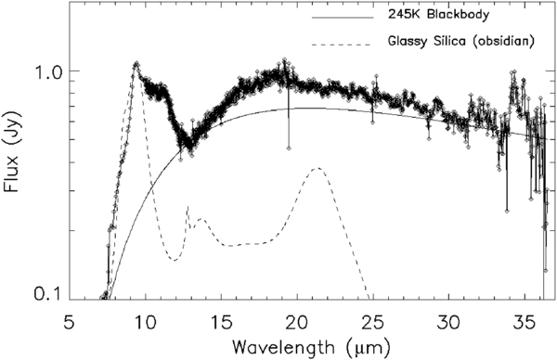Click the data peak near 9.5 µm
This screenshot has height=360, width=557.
point(136,64)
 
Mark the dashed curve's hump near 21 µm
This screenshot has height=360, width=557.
point(317,168)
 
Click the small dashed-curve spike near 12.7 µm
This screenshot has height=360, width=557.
point(188,208)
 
